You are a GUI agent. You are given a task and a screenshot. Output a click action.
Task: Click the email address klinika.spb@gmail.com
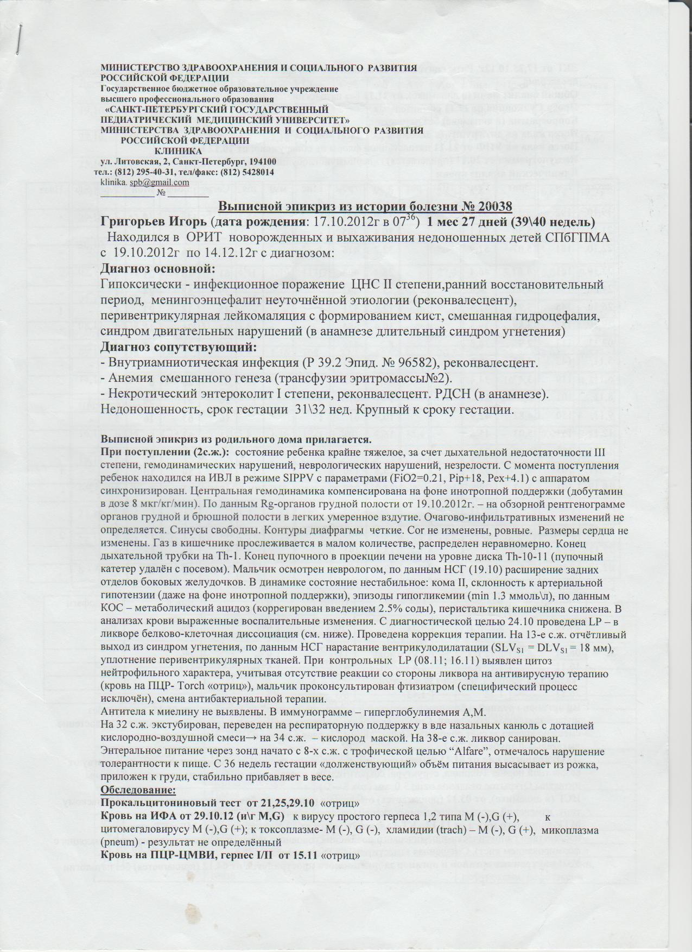point(145,182)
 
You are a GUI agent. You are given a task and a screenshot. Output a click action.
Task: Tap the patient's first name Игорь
point(188,223)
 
